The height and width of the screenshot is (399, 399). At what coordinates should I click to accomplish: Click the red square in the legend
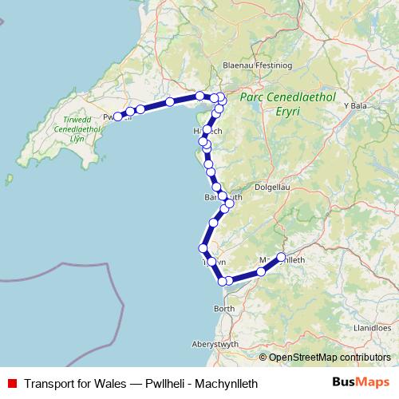12,383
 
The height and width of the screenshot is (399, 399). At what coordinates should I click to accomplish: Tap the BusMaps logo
360,382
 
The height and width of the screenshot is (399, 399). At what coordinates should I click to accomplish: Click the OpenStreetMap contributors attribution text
330,358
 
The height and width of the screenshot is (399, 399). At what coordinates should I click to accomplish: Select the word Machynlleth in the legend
226,383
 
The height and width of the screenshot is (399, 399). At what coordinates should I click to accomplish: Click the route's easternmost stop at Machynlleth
281,257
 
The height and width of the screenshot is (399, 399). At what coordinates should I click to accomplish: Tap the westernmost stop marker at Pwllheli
117,117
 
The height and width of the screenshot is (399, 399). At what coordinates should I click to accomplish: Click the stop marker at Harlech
207,129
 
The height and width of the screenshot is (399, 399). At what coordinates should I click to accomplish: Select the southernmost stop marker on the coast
223,280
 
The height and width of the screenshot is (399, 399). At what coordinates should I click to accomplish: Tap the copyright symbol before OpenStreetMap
263,358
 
